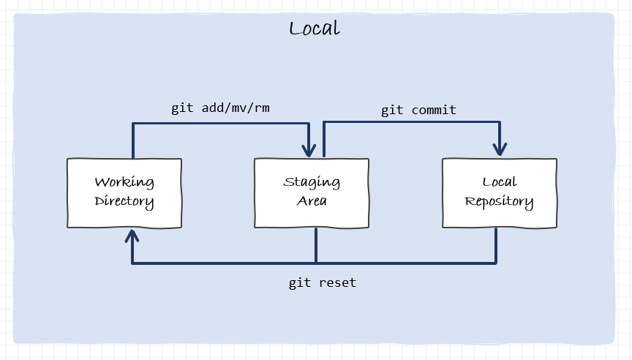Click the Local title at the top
315,29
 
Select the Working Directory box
124,192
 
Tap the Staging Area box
312,192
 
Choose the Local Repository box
500,192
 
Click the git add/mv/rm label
221,108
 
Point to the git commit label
418,110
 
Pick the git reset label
323,282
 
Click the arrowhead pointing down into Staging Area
310,149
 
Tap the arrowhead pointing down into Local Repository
500,149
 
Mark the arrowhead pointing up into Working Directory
132,236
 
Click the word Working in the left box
124,182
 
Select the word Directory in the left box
124,201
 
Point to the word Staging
312,182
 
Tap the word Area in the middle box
312,201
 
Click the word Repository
500,202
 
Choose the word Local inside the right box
500,182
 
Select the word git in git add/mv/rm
183,108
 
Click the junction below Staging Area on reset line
316,262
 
